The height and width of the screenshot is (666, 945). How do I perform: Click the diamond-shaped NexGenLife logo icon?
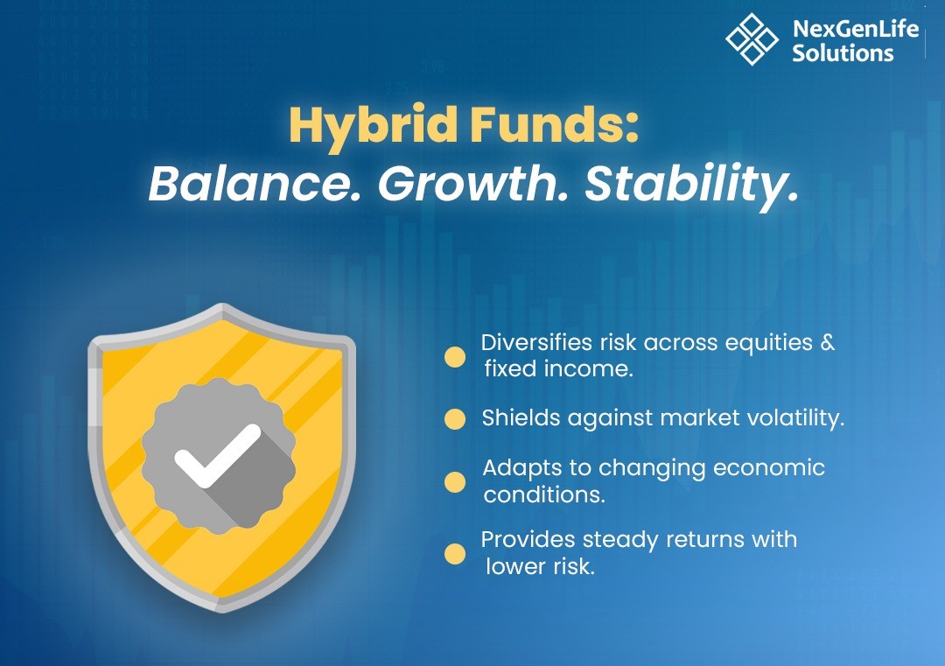pyautogui.click(x=752, y=39)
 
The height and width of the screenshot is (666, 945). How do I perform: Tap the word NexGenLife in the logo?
pyautogui.click(x=855, y=28)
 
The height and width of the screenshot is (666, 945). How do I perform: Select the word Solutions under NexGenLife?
pyautogui.click(x=843, y=53)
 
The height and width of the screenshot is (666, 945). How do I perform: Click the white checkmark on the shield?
pyautogui.click(x=217, y=456)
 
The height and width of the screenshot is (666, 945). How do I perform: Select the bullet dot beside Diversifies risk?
pyautogui.click(x=455, y=357)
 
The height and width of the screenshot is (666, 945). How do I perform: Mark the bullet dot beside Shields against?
pyautogui.click(x=455, y=419)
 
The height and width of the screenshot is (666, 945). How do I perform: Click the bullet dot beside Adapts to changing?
pyautogui.click(x=455, y=482)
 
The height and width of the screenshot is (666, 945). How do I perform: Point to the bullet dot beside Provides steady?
pyautogui.click(x=455, y=554)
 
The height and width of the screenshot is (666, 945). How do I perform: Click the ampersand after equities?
pyautogui.click(x=828, y=342)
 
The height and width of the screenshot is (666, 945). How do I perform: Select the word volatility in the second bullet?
pyautogui.click(x=795, y=417)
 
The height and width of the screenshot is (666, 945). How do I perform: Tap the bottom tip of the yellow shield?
pyautogui.click(x=222, y=611)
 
